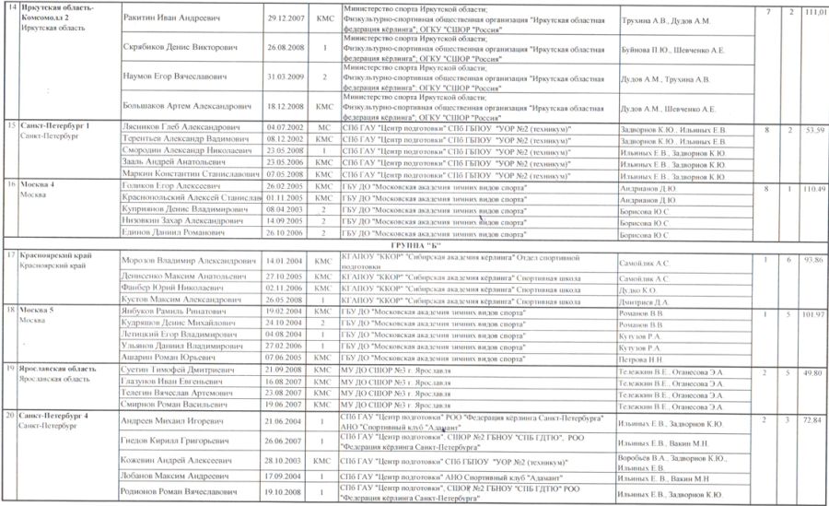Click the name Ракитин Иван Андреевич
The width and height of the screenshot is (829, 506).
pyautogui.click(x=167, y=18)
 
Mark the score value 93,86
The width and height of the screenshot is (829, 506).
pyautogui.click(x=812, y=261)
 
